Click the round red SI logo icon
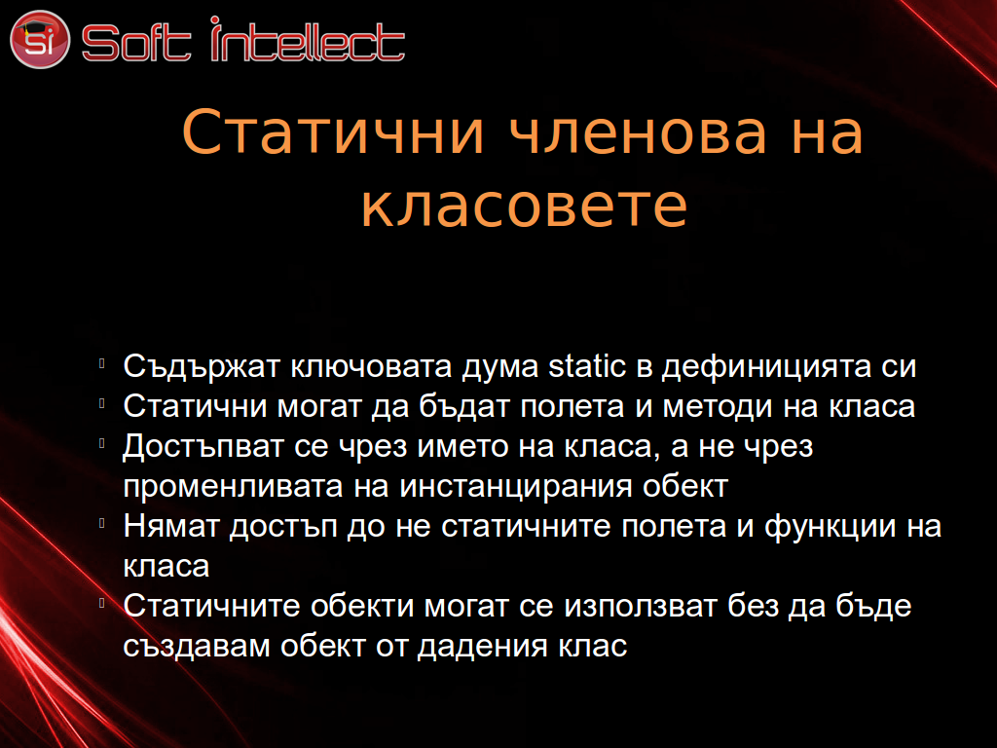tap(39, 39)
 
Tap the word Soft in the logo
tap(136, 43)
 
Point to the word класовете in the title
tap(525, 206)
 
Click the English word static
tap(587, 366)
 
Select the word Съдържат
tap(202, 367)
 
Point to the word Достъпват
tap(203, 446)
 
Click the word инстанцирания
tap(516, 488)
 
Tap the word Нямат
tap(171, 527)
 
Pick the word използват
tap(641, 606)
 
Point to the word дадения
tap(483, 648)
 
